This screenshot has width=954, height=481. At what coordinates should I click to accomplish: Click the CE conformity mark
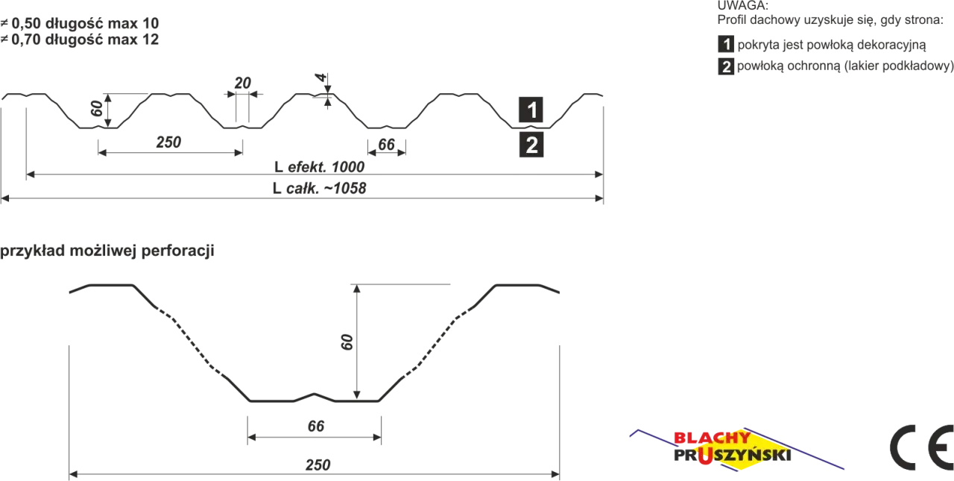(x=922, y=447)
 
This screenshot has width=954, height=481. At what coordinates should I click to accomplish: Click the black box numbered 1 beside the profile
(x=531, y=110)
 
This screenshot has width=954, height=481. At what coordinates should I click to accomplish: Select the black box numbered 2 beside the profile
(x=531, y=145)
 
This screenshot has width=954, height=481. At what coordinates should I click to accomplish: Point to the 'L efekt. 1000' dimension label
(x=319, y=166)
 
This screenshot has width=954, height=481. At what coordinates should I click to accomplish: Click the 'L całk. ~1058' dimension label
(x=319, y=188)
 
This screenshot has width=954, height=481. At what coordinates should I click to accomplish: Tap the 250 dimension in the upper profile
(x=168, y=142)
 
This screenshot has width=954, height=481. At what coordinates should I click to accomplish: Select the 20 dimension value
(x=243, y=83)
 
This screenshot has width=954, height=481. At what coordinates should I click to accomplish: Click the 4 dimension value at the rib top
(x=320, y=78)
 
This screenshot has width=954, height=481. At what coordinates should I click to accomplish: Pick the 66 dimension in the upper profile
(x=386, y=145)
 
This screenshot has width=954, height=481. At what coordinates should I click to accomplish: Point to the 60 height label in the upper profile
(x=97, y=108)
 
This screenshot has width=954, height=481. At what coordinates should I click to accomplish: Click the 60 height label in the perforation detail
(x=347, y=342)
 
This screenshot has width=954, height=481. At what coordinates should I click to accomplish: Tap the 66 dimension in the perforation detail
(x=316, y=426)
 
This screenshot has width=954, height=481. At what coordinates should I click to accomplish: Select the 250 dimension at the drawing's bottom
(x=318, y=465)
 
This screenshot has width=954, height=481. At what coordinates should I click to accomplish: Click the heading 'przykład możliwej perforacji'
(x=107, y=251)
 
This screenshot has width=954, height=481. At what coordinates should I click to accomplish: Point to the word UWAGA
(x=743, y=5)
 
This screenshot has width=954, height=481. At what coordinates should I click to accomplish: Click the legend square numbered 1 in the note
(x=726, y=44)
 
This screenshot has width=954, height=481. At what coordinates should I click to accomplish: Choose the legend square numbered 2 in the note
(x=726, y=66)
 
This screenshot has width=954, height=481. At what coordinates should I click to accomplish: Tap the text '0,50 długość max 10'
(x=85, y=23)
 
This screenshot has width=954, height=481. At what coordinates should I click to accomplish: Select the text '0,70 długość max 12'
(x=85, y=40)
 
